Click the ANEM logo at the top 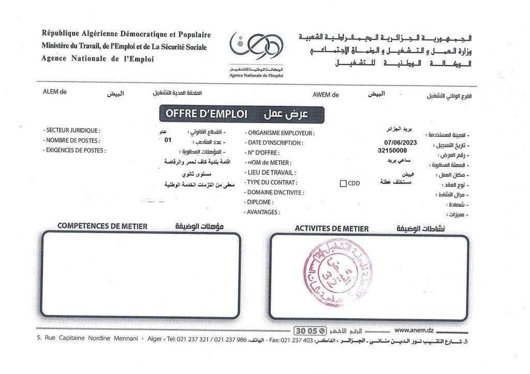tap(256, 50)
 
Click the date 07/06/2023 tap(400, 143)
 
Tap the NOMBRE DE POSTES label tap(71, 141)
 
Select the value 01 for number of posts tap(167, 140)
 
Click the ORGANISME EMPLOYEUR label tap(279, 133)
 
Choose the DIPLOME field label tap(259, 202)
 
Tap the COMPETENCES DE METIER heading tap(102, 226)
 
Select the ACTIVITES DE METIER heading tap(331, 229)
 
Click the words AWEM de tap(325, 95)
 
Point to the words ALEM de tap(55, 92)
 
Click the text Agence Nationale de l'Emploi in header tap(97, 59)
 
